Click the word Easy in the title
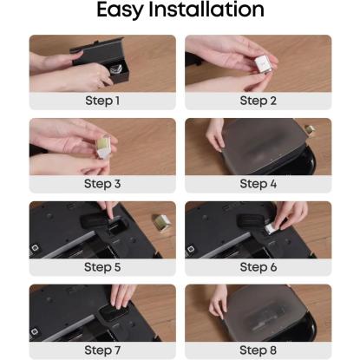120,10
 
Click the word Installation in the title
206,10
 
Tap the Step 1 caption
102,101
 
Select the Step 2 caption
259,101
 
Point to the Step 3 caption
102,184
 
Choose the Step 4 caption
259,184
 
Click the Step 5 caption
102,267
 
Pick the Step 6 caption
259,267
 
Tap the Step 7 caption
102,350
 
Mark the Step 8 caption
259,350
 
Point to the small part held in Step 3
104,146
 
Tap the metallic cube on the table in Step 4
310,130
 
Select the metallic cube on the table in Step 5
161,223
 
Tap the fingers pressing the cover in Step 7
122,297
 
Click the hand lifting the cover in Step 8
219,302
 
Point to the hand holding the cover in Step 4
215,134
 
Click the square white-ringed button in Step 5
35,249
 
